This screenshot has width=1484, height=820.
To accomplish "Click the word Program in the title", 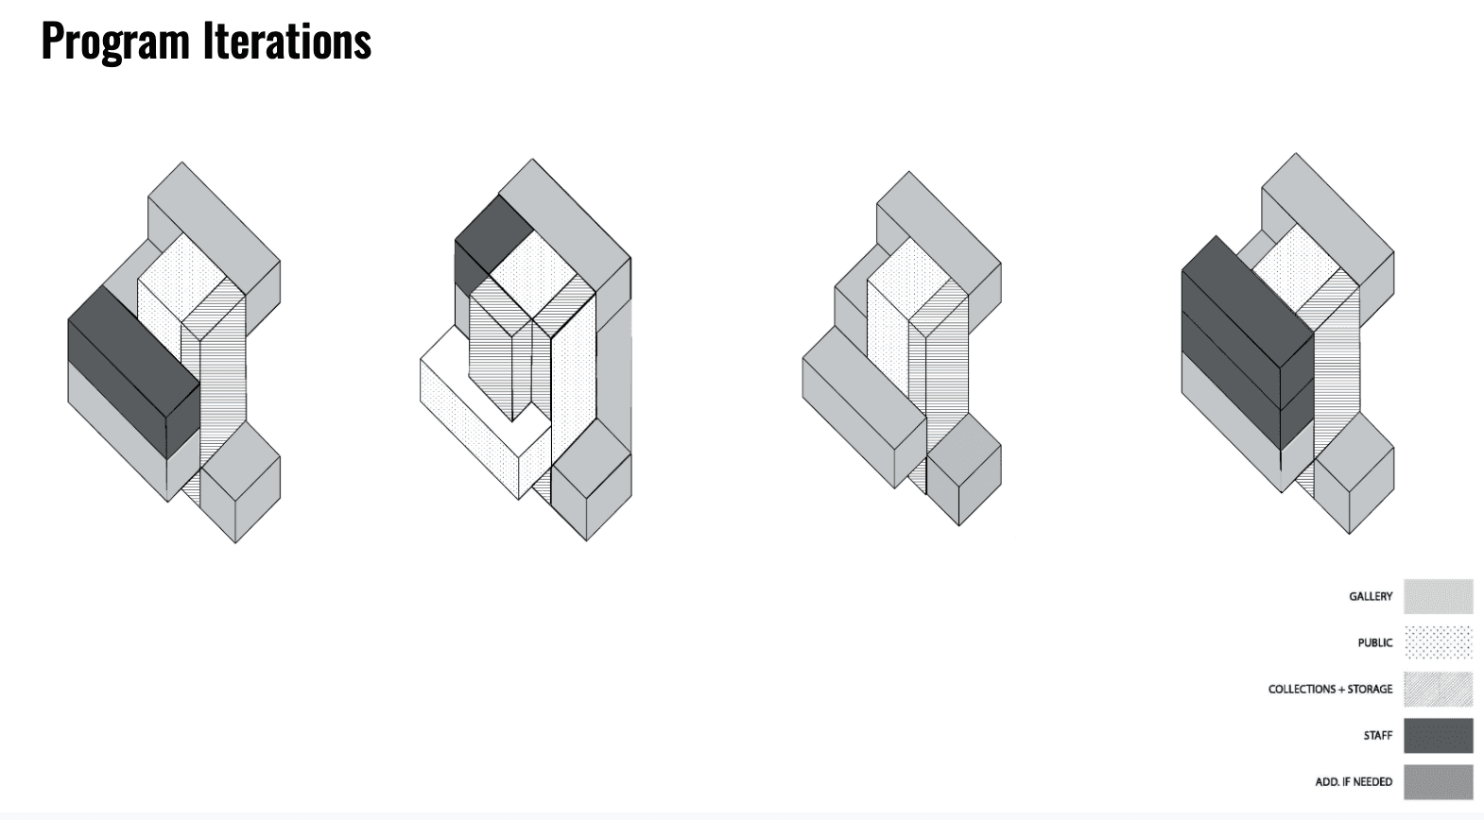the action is (x=115, y=42).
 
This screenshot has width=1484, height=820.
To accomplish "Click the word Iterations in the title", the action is (x=286, y=41).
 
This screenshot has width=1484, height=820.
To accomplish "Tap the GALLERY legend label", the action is (x=1370, y=597).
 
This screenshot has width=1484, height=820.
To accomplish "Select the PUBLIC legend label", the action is (x=1374, y=643).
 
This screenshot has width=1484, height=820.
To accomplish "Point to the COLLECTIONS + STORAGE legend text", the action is (x=1330, y=690).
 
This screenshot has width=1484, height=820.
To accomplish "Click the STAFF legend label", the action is (x=1377, y=736).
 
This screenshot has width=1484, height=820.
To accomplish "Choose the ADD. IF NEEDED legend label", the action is (x=1354, y=782).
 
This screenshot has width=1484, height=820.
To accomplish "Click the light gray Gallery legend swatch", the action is (x=1439, y=597).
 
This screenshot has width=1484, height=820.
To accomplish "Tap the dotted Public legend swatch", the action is (x=1439, y=643).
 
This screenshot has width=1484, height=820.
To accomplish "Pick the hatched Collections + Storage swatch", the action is (x=1439, y=690).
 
